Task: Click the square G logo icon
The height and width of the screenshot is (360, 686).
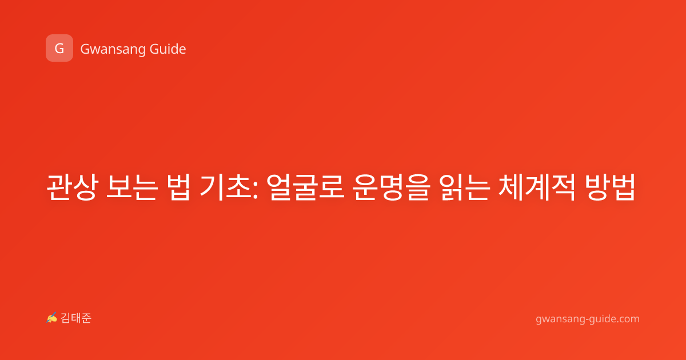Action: pyautogui.click(x=59, y=48)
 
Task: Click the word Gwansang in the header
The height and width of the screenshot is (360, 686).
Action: pyautogui.click(x=113, y=50)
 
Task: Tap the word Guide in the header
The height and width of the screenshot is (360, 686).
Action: pyautogui.click(x=168, y=49)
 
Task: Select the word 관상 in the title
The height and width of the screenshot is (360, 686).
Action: pyautogui.click(x=72, y=187)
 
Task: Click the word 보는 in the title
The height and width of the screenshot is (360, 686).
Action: pyautogui.click(x=132, y=187)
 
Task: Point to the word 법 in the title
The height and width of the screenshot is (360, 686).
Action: pyautogui.click(x=178, y=187)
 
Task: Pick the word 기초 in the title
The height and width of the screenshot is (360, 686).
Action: pyautogui.click(x=226, y=187)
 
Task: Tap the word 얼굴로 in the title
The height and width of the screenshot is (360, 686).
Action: pyautogui.click(x=305, y=187)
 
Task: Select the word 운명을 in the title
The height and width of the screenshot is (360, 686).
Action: pyautogui.click(x=392, y=187)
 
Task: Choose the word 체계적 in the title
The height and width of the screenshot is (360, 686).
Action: pyautogui.click(x=537, y=187)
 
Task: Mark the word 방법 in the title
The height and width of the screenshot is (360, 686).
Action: pyautogui.click(x=610, y=187)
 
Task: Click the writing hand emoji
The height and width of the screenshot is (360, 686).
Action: pyautogui.click(x=51, y=318)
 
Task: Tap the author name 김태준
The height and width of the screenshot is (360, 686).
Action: pyautogui.click(x=76, y=318)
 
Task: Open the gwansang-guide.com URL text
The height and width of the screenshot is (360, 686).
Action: pyautogui.click(x=588, y=319)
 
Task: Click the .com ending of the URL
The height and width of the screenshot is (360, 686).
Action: pyautogui.click(x=628, y=319)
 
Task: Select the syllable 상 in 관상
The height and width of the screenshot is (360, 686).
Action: pyautogui.click(x=85, y=187)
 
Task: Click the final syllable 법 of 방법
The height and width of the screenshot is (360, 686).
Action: pyautogui.click(x=624, y=187)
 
